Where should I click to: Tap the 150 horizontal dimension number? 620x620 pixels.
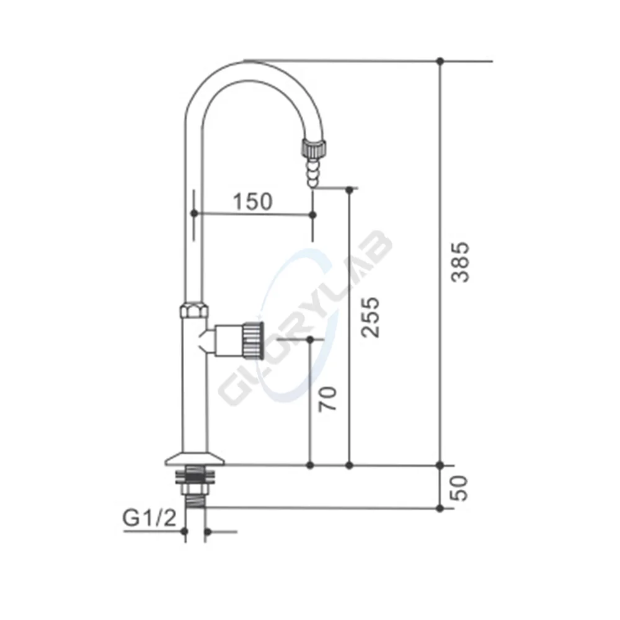(x=252, y=201)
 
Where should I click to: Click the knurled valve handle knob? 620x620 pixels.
(x=252, y=340)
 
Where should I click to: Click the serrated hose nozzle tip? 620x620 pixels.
(x=312, y=170)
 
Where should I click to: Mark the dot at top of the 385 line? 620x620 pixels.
(x=440, y=61)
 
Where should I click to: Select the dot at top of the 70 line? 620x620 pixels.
(x=310, y=340)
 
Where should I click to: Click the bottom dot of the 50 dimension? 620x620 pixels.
(x=440, y=508)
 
